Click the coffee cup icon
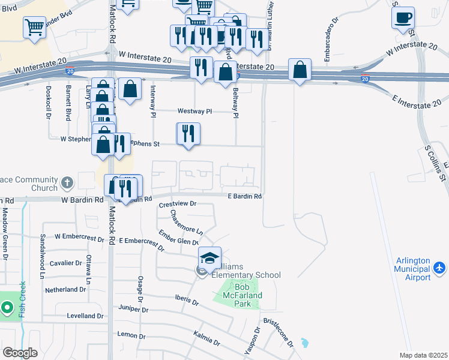tap(403, 17)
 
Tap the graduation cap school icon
tap(209, 258)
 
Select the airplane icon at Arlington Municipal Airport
tap(440, 266)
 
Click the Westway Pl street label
tap(194, 111)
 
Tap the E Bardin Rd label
tap(245, 196)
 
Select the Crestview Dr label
tap(178, 204)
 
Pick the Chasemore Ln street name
tap(187, 222)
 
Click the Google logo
tap(20, 352)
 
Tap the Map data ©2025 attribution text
tap(423, 355)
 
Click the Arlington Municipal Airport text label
tap(414, 269)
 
